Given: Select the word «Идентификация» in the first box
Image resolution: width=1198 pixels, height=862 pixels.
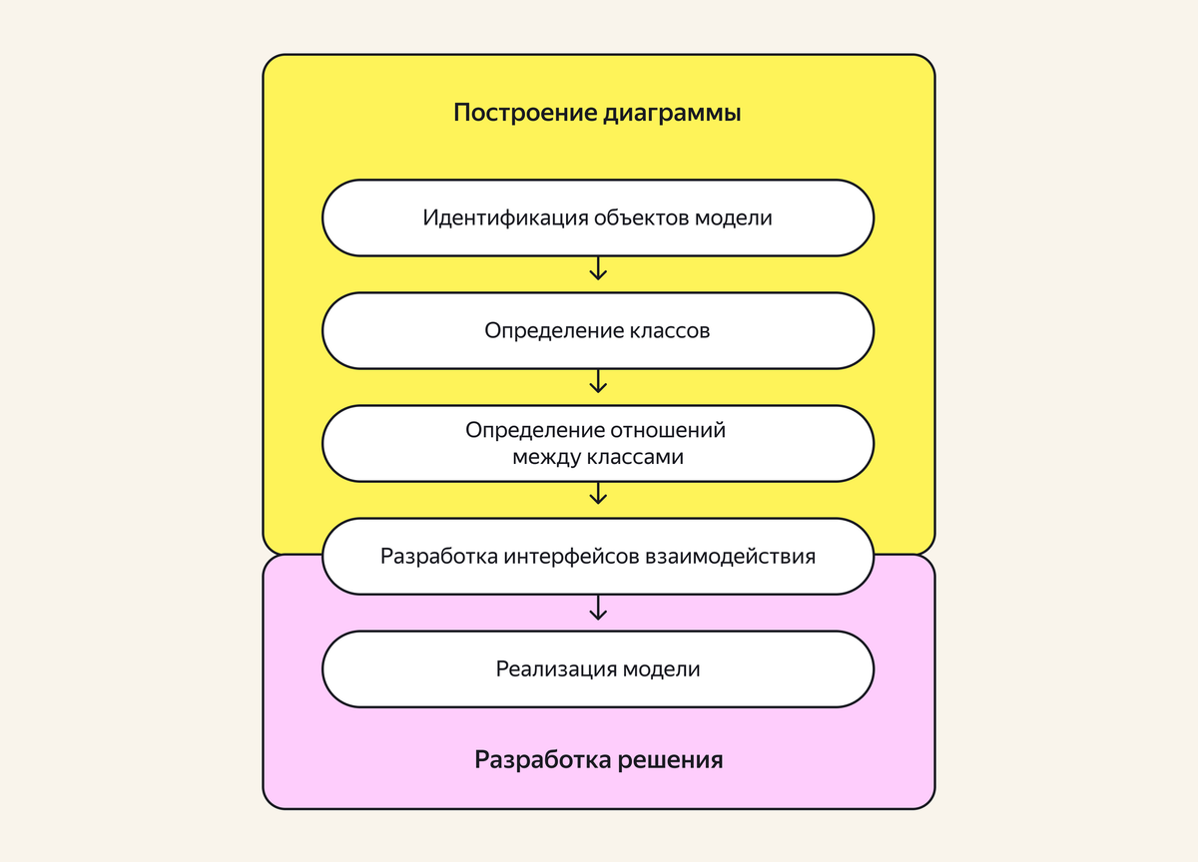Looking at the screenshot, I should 505,217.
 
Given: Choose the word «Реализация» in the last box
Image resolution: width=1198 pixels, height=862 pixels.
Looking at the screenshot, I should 556,669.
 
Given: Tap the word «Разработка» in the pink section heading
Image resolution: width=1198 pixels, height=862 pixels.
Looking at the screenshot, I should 542,760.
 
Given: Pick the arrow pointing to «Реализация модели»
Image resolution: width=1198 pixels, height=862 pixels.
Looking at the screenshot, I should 598,608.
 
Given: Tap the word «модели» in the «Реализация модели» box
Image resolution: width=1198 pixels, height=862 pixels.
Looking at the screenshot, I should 661,669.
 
